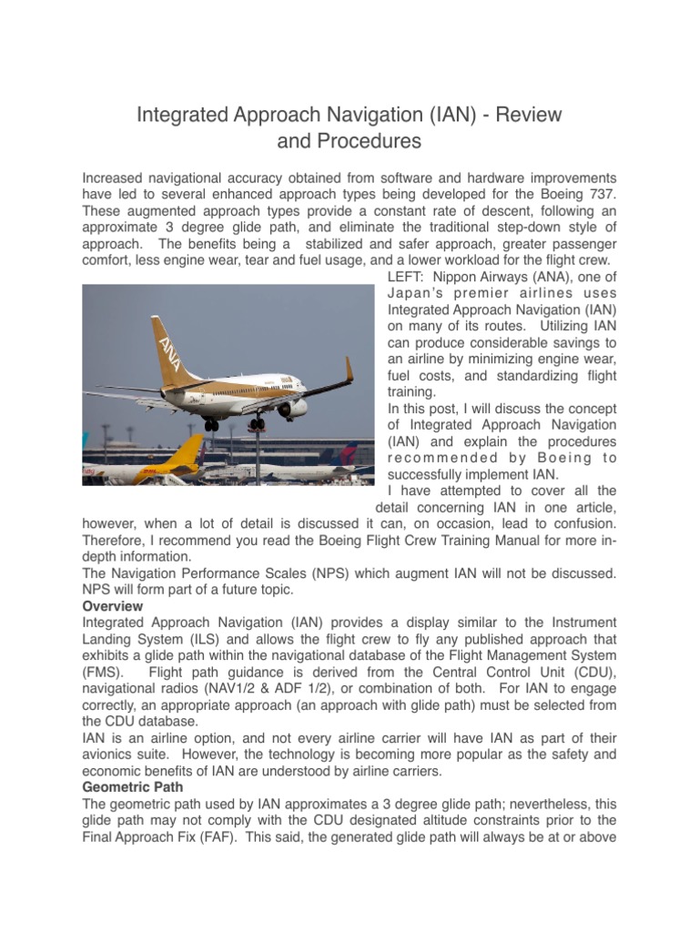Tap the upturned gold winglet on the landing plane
349,370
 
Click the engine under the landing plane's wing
292,409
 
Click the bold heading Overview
113,605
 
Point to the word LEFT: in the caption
408,277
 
